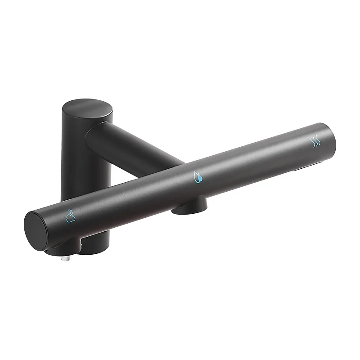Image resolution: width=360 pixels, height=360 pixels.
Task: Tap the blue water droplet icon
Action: point(197,176)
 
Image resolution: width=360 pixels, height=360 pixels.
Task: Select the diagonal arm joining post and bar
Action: point(135,144)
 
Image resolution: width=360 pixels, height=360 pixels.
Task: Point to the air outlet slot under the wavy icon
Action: point(306,169)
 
